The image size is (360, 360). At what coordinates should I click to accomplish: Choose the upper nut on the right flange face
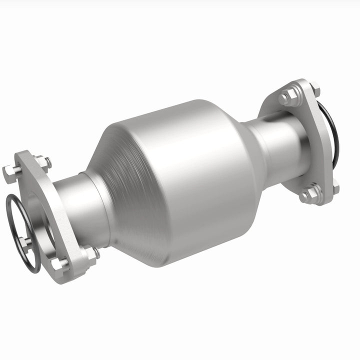click(x=286, y=96)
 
